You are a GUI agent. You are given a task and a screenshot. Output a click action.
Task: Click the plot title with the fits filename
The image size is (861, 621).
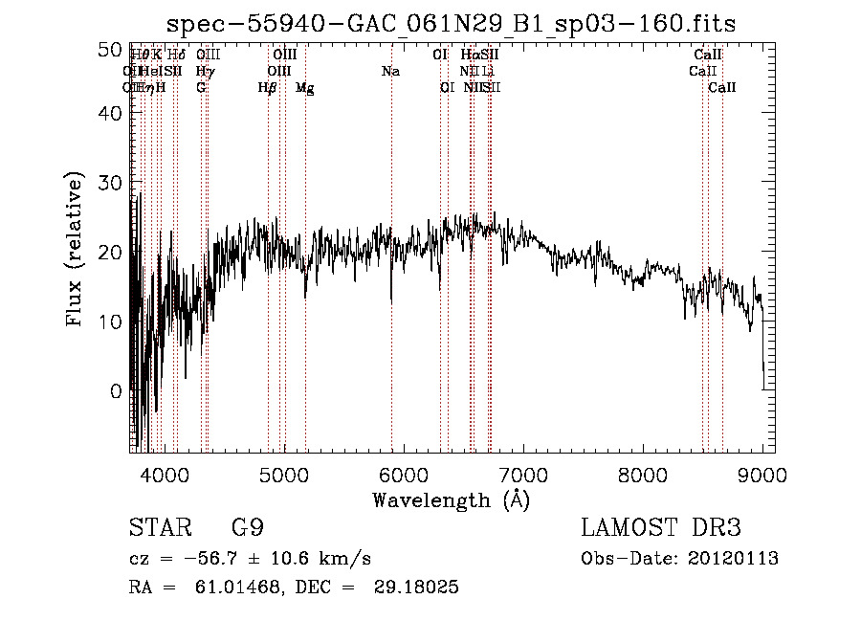click(451, 23)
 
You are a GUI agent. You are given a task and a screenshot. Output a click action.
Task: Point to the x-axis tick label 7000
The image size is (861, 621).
click(521, 474)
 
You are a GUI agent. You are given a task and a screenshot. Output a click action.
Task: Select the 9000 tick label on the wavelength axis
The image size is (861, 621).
click(762, 474)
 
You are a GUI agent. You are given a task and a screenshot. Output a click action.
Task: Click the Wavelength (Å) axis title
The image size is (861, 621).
click(451, 499)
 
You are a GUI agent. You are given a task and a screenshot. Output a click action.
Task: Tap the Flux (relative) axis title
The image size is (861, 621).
click(75, 251)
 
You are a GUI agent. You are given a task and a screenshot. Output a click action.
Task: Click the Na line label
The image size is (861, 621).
click(390, 71)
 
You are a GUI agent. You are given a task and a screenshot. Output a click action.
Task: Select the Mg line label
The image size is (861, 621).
click(305, 88)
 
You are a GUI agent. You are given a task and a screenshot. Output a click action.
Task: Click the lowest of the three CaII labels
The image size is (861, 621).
click(722, 88)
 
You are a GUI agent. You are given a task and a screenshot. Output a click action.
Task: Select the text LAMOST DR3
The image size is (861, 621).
click(661, 528)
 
